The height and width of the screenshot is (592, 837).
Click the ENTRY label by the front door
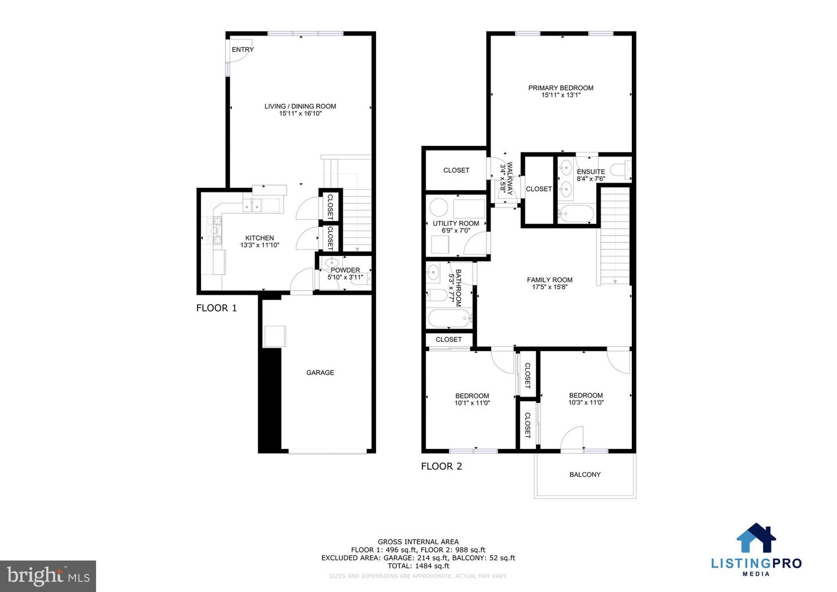click(242, 50)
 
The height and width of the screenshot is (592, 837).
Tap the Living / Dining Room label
click(300, 106)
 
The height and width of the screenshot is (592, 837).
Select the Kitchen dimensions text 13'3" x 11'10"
click(259, 245)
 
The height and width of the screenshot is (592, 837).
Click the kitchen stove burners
click(213, 230)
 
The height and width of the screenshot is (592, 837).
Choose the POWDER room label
click(345, 270)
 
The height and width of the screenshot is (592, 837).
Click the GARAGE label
click(320, 373)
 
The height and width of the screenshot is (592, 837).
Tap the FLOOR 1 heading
click(216, 308)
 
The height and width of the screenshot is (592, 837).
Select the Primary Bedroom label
click(560, 88)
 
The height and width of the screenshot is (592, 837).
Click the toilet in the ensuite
click(623, 170)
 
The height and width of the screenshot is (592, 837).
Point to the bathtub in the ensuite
click(575, 213)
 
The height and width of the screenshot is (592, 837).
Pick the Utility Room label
click(456, 223)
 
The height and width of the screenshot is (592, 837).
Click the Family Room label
click(549, 280)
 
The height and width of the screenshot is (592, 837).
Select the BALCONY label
click(585, 475)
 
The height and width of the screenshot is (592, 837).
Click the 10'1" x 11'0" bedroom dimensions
click(472, 403)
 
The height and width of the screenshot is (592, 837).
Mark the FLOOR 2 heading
click(441, 466)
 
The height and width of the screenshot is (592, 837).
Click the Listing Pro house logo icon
click(756, 538)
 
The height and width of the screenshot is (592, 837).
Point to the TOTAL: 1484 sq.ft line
click(418, 566)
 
